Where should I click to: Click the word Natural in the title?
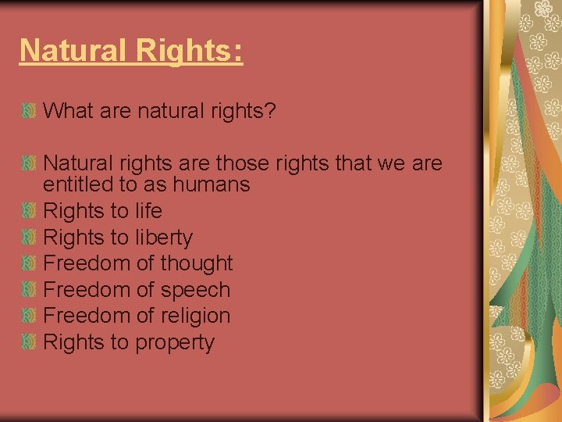[x=72, y=51]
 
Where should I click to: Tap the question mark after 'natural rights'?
[x=269, y=111]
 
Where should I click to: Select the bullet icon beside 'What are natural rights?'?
[x=30, y=111]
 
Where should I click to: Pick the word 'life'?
[x=148, y=211]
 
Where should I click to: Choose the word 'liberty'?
[x=164, y=238]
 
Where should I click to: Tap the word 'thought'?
[x=197, y=263]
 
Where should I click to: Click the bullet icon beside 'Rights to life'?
[x=30, y=211]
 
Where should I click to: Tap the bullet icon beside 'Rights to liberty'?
[x=30, y=238]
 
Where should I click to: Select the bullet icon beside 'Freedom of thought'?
[x=30, y=263]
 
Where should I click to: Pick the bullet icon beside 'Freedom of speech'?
[x=30, y=290]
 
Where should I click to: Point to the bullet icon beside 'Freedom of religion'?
[x=30, y=316]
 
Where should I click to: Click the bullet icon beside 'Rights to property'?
[x=30, y=342]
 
